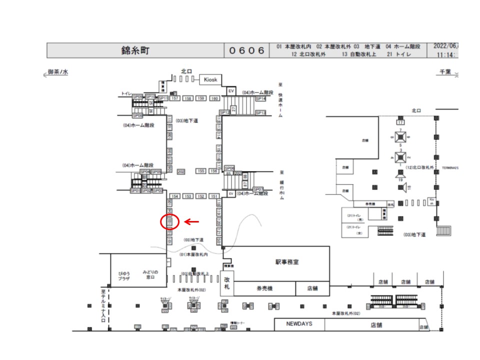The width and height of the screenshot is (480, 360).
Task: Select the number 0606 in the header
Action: [247, 50]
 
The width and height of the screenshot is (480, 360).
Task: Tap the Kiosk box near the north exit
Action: [210, 79]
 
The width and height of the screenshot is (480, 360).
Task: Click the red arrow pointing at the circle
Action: [192, 221]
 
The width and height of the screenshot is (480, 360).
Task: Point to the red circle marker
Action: [170, 221]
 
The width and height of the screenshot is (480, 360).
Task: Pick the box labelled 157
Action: [175, 98]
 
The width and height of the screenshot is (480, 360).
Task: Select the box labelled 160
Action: [214, 98]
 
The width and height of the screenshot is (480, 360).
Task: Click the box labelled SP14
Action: [260, 99]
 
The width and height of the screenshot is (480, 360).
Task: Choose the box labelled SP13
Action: [260, 113]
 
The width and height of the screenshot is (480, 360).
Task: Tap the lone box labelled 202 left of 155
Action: [181, 171]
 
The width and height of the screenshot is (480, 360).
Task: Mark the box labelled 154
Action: [175, 196]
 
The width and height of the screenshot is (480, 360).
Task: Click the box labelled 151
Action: [214, 196]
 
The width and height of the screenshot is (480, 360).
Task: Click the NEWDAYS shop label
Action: [299, 324]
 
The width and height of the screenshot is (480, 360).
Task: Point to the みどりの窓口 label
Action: [150, 274]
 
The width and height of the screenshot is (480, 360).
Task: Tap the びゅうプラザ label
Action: [123, 275]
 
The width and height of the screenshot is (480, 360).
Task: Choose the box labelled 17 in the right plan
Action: [400, 122]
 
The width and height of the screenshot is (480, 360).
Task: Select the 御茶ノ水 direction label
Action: [57, 72]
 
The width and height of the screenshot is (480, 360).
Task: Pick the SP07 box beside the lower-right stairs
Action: [258, 189]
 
